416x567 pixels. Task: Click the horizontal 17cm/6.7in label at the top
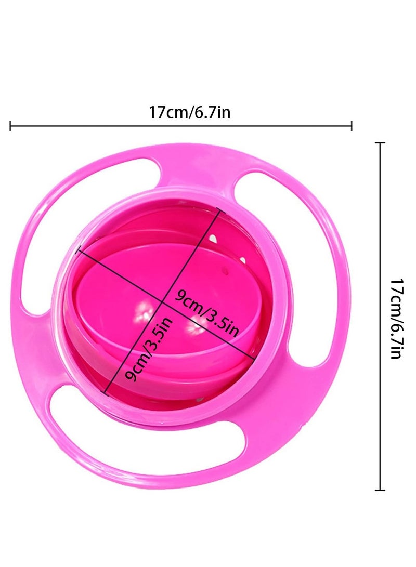(190, 112)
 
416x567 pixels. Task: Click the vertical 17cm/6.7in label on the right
(396, 318)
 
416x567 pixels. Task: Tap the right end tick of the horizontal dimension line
(352, 126)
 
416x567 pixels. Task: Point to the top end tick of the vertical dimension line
(380, 143)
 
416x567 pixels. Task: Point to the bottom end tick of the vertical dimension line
(380, 490)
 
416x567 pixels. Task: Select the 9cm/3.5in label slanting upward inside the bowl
(148, 349)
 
